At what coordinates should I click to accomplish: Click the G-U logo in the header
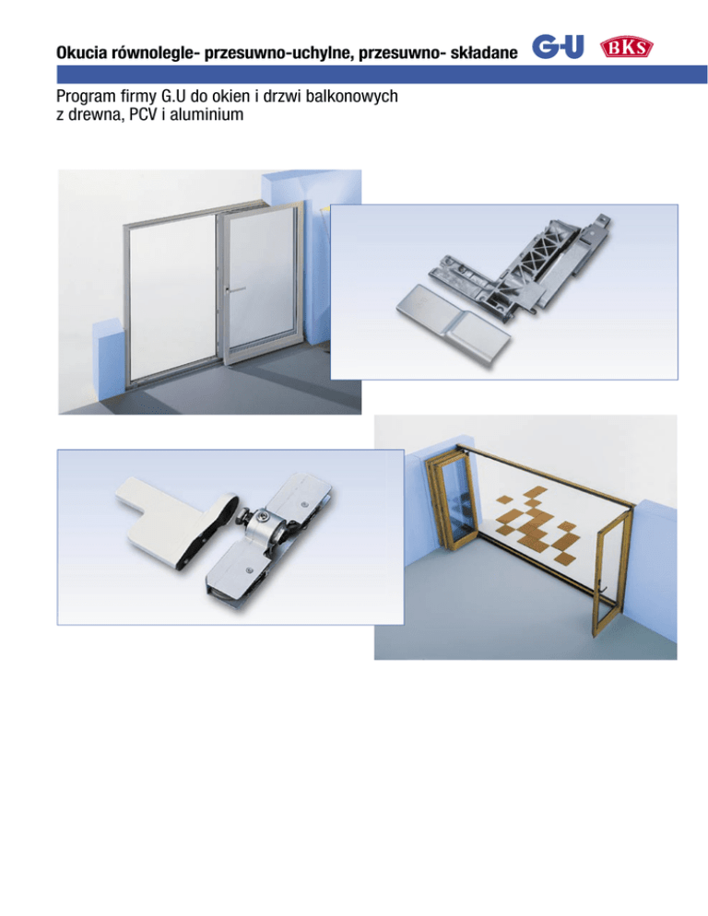pyautogui.click(x=558, y=47)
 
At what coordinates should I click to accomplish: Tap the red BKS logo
pyautogui.click(x=627, y=47)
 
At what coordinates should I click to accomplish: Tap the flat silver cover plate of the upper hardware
pyautogui.click(x=453, y=323)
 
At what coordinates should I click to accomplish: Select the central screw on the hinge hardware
pyautogui.click(x=263, y=517)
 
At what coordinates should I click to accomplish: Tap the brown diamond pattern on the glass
pyautogui.click(x=537, y=523)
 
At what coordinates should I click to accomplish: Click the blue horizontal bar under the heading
pyautogui.click(x=382, y=75)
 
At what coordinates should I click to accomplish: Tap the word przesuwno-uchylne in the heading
pyautogui.click(x=277, y=53)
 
